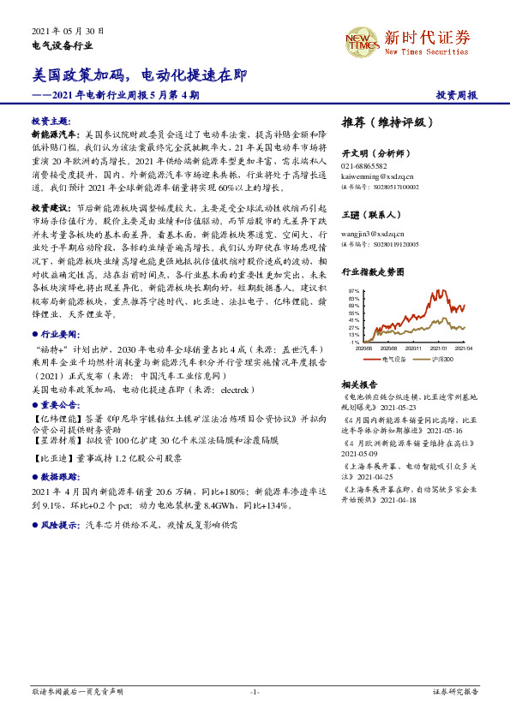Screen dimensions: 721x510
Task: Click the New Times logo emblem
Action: (x=362, y=41)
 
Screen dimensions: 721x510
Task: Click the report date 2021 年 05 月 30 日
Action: (x=68, y=29)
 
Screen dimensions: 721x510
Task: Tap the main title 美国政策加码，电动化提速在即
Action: (x=140, y=75)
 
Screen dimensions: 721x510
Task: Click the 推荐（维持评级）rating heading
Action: (x=382, y=122)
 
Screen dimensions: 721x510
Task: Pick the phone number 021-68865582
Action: (x=364, y=165)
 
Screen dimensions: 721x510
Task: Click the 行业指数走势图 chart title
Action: (x=372, y=271)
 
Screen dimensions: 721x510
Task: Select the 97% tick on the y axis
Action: (x=353, y=291)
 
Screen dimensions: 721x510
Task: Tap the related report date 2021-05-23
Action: (x=393, y=408)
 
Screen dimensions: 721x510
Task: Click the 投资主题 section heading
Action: (x=50, y=122)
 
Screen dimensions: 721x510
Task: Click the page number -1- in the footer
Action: (x=255, y=691)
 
